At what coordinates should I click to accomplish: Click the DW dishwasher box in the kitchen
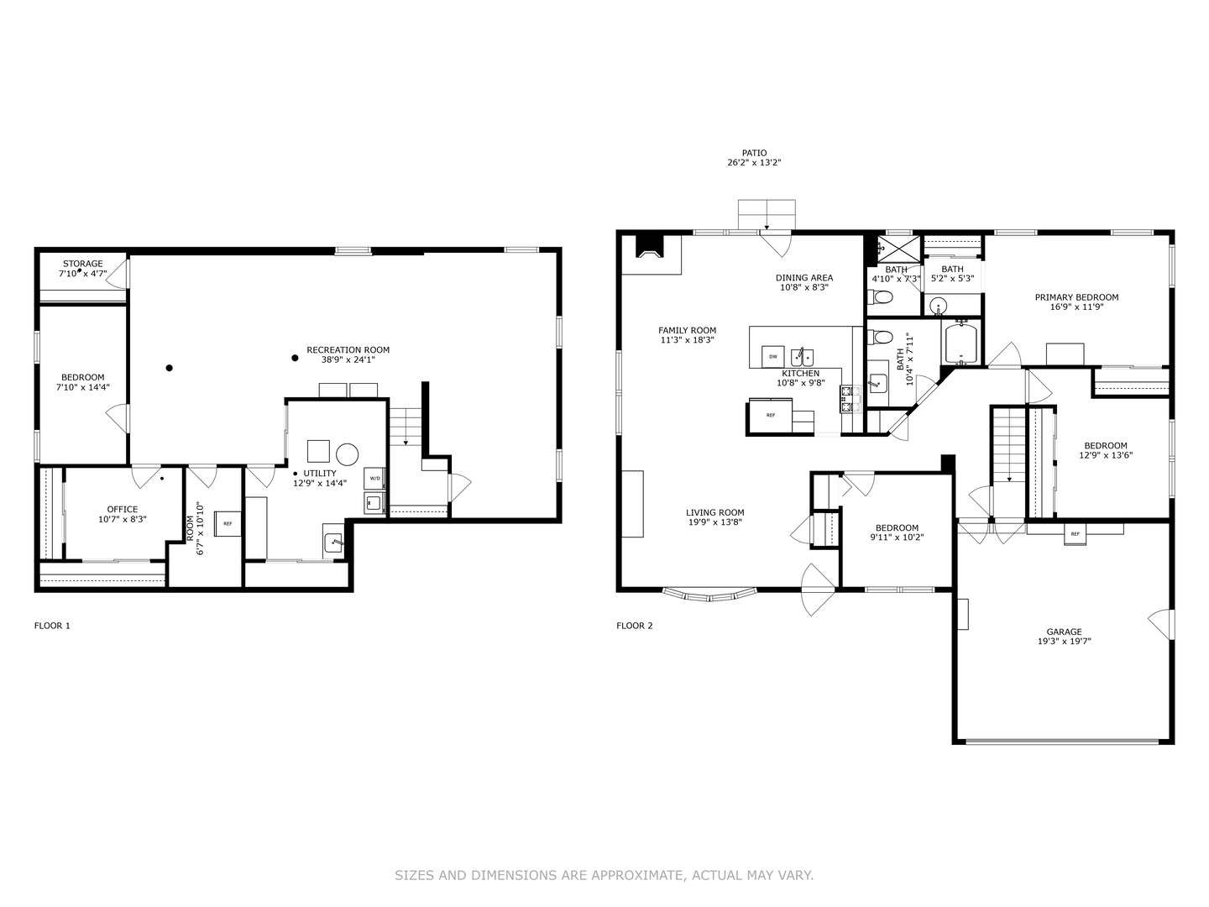pyautogui.click(x=772, y=356)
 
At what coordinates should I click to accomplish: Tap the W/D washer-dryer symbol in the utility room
pyautogui.click(x=374, y=479)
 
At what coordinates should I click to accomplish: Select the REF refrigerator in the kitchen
pyautogui.click(x=770, y=415)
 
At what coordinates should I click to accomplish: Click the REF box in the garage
pyautogui.click(x=1075, y=533)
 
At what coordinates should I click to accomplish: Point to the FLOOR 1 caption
pyautogui.click(x=52, y=626)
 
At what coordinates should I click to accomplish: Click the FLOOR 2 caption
pyautogui.click(x=635, y=626)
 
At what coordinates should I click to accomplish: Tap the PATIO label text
pyautogui.click(x=754, y=154)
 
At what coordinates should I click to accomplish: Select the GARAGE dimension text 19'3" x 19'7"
pyautogui.click(x=1064, y=642)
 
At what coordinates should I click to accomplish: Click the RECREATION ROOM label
pyautogui.click(x=348, y=350)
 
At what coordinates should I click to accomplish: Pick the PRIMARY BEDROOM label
pyautogui.click(x=1076, y=297)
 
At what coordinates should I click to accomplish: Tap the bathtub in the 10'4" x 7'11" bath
pyautogui.click(x=962, y=343)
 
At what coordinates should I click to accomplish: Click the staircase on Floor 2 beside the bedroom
pyautogui.click(x=1009, y=445)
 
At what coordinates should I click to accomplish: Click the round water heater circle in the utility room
pyautogui.click(x=348, y=454)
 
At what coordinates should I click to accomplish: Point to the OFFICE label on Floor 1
pyautogui.click(x=123, y=510)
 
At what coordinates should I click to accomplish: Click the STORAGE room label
pyautogui.click(x=82, y=264)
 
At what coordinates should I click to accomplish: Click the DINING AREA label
pyautogui.click(x=804, y=278)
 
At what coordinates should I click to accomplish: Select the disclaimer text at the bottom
pyautogui.click(x=604, y=875)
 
